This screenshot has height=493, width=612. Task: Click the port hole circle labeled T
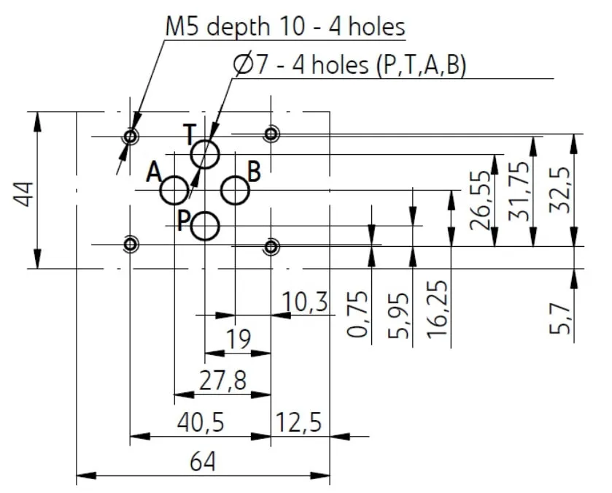205,140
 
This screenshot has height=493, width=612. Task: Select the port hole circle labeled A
174,177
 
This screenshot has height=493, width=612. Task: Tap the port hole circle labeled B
236,177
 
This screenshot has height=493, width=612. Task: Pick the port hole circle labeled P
205,212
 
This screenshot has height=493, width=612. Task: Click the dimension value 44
23,194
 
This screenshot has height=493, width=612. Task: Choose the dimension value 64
203,462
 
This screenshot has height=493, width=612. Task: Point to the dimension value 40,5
201,422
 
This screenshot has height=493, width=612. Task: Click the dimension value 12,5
298,422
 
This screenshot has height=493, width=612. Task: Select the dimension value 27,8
223,380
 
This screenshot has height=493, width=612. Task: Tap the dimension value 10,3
305,302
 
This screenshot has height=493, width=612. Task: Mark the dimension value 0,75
357,313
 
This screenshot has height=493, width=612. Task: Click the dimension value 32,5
559,190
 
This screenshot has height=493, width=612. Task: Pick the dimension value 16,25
437,309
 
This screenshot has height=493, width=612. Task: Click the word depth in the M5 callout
238,28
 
